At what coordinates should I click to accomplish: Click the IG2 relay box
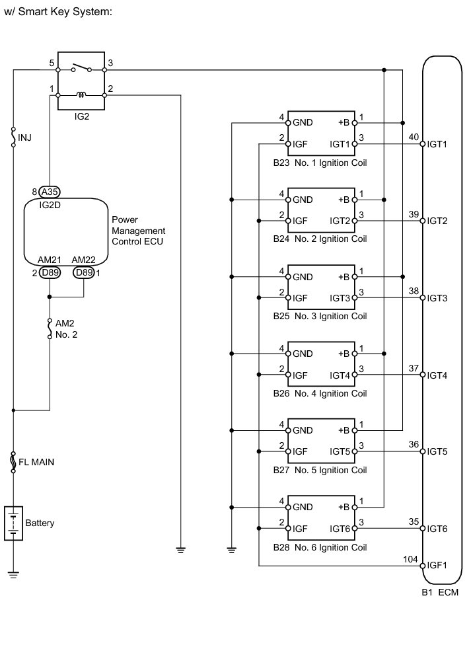click(x=81, y=81)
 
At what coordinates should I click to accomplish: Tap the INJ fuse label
click(x=24, y=138)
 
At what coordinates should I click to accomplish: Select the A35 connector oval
click(x=50, y=192)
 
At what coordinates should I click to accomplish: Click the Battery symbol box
click(x=13, y=523)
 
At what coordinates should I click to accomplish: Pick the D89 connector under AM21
click(x=50, y=272)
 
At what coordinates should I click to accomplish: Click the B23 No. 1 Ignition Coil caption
click(x=320, y=162)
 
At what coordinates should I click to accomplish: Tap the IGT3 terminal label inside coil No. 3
click(x=340, y=297)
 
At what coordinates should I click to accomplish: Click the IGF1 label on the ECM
click(x=437, y=566)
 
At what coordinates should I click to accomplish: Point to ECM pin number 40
click(x=414, y=137)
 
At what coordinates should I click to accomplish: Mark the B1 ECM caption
click(x=439, y=592)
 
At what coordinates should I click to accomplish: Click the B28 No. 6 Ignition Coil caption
click(x=320, y=547)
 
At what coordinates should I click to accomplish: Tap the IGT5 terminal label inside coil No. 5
click(x=340, y=451)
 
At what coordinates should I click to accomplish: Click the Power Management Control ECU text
click(x=138, y=231)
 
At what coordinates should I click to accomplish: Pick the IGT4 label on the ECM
click(x=437, y=375)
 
